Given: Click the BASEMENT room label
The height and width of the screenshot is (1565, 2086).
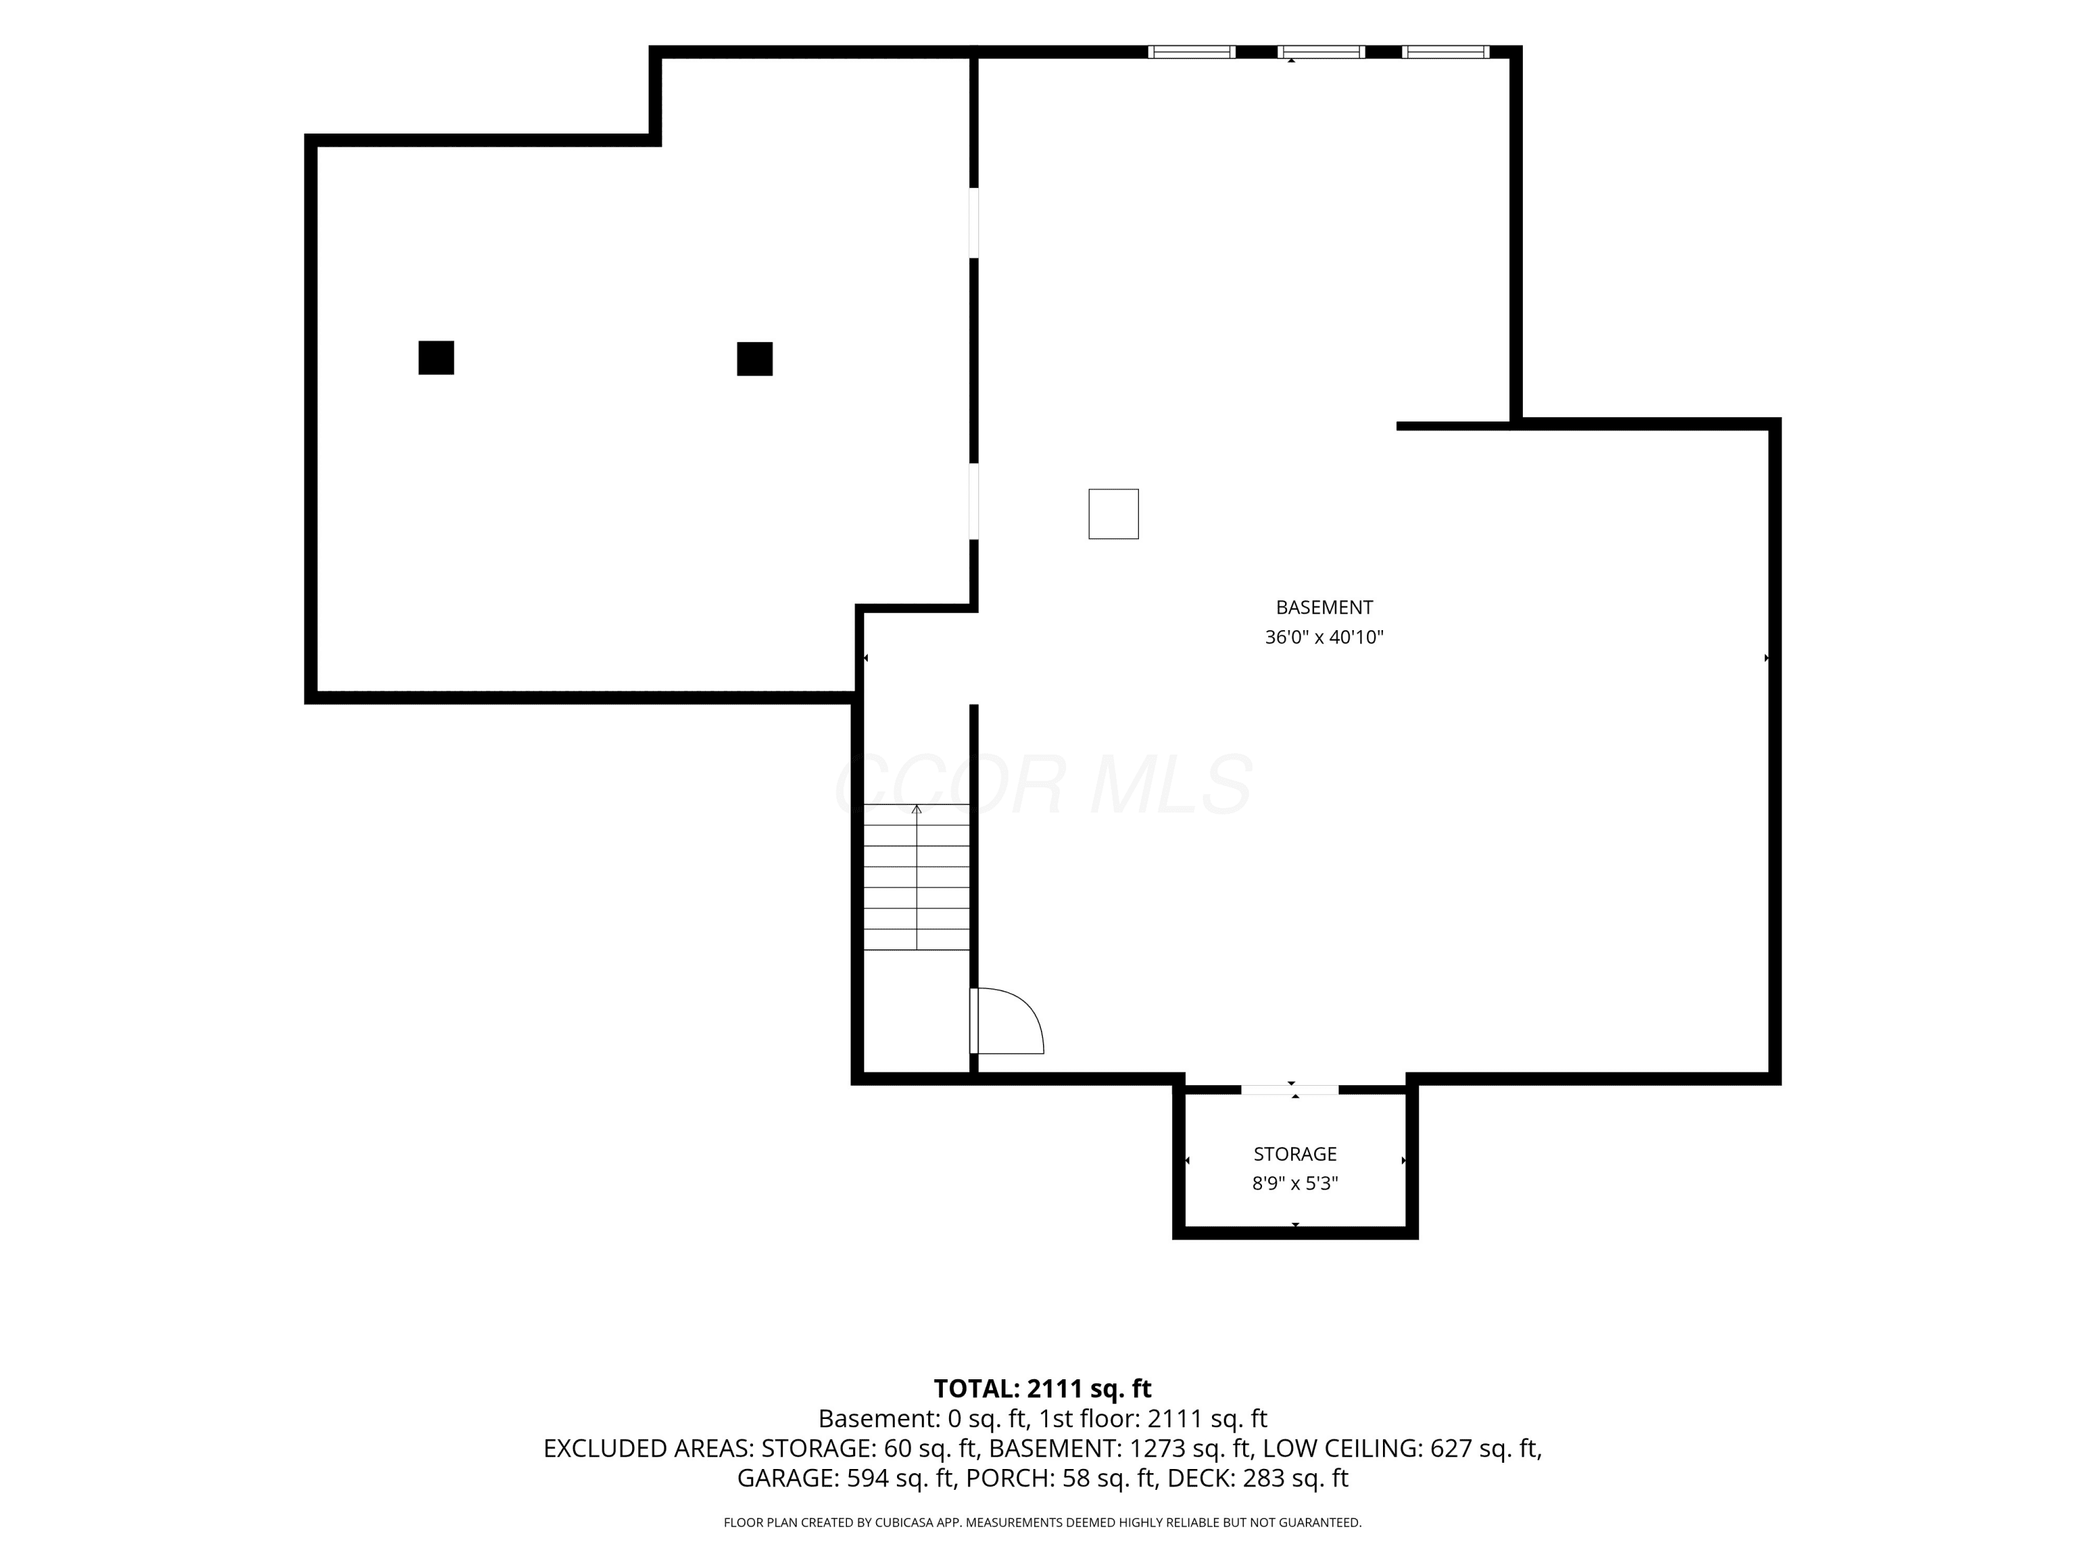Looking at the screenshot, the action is click(1324, 607).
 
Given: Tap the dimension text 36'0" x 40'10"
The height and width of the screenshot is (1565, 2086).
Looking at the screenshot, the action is click(1324, 638).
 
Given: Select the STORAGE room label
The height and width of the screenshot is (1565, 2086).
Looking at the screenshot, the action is click(1295, 1154).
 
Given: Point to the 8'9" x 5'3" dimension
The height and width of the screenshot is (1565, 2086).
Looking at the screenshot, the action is click(1295, 1184).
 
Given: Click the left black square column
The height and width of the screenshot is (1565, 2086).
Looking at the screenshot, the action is click(436, 358).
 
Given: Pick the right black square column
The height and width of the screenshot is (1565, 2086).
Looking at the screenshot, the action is click(754, 358).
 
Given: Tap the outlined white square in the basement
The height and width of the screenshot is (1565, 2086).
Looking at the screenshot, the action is click(1114, 514).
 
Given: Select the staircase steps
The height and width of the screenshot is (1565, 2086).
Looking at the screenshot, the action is click(916, 877).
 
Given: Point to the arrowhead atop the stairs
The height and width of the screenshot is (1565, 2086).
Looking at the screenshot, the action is click(916, 808).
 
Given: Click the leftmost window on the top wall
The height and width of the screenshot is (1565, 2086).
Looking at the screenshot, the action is click(1191, 52).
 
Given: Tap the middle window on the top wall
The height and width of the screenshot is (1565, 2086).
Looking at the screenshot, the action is click(1320, 52).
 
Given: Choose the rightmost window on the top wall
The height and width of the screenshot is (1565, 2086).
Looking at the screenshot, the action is click(1446, 52).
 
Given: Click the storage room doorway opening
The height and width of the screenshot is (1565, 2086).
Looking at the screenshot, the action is click(1289, 1089).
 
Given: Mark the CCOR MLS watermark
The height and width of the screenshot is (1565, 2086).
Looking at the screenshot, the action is click(1044, 784).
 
